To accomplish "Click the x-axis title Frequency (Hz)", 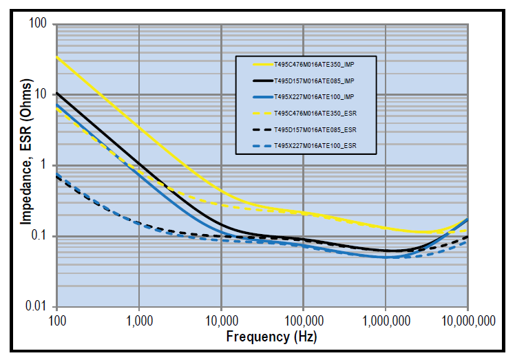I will tap(271, 337).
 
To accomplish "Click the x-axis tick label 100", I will tap(56, 320).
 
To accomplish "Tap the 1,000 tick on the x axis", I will tap(139, 320).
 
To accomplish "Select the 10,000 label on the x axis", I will tap(221, 320).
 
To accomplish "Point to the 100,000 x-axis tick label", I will tap(303, 320).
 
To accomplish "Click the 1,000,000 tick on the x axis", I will tap(385, 320).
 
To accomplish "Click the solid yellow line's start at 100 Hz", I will tap(57, 56).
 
